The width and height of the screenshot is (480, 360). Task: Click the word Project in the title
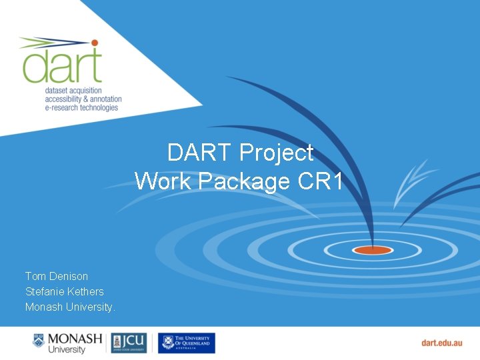[x=276, y=153]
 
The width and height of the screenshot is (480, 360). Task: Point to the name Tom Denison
[x=57, y=276]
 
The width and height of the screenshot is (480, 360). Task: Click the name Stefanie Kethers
[x=65, y=291]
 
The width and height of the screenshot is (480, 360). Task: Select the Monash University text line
[x=70, y=307]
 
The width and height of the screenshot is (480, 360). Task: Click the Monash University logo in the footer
[x=67, y=343]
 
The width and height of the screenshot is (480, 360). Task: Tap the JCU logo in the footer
[x=129, y=343]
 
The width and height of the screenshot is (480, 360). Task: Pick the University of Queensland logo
[x=186, y=343]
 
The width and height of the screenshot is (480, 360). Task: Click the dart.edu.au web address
[x=441, y=343]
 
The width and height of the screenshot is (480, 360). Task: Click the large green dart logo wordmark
[x=61, y=64]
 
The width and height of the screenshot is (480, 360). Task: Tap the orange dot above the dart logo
[x=95, y=43]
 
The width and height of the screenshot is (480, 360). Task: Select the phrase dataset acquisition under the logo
[x=75, y=90]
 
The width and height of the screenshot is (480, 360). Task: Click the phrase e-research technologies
[x=81, y=107]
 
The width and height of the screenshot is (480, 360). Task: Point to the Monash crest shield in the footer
[x=39, y=342]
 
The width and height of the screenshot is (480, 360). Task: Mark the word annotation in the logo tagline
[x=103, y=99]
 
